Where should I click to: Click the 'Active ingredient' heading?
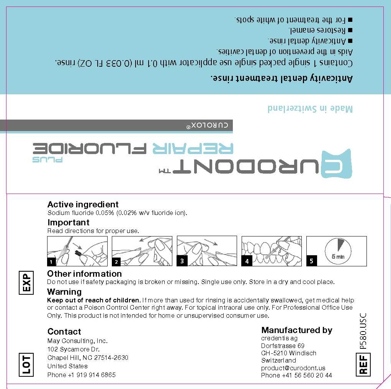[x=83, y=205]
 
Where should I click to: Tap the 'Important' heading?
[x=68, y=223]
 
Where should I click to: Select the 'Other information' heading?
[x=84, y=274]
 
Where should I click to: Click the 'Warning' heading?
[x=64, y=292]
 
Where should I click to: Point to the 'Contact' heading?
[x=64, y=332]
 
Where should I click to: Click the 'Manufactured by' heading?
[x=296, y=330]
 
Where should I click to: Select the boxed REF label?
[x=363, y=364]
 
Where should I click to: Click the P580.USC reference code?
[x=363, y=331]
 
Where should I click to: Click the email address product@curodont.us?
[x=293, y=368]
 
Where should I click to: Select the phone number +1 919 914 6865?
[x=81, y=375]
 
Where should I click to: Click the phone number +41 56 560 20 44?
[x=296, y=376]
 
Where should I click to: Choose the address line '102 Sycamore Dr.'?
[x=74, y=349]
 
